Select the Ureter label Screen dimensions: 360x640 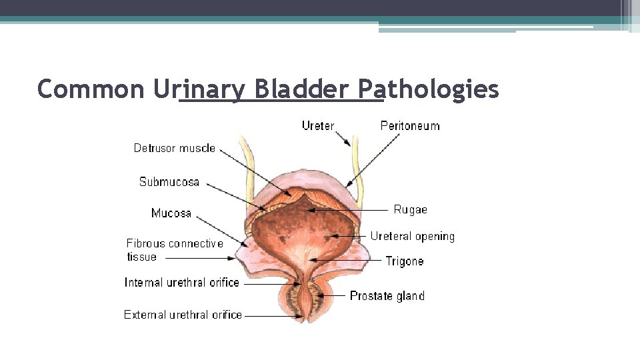pos(318,125)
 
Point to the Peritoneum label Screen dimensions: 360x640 pos(410,125)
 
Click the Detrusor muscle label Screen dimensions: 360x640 pos(175,148)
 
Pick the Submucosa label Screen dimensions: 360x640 pos(169,181)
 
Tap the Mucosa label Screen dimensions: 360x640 pos(171,213)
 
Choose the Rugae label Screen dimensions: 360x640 pos(410,209)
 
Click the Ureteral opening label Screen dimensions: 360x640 pos(412,236)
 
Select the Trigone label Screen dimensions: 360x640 pos(405,261)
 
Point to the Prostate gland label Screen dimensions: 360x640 pos(387,296)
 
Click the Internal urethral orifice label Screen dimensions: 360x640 pos(182,283)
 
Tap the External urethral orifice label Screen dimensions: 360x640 pos(183,315)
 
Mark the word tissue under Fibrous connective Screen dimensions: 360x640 pos(142,257)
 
